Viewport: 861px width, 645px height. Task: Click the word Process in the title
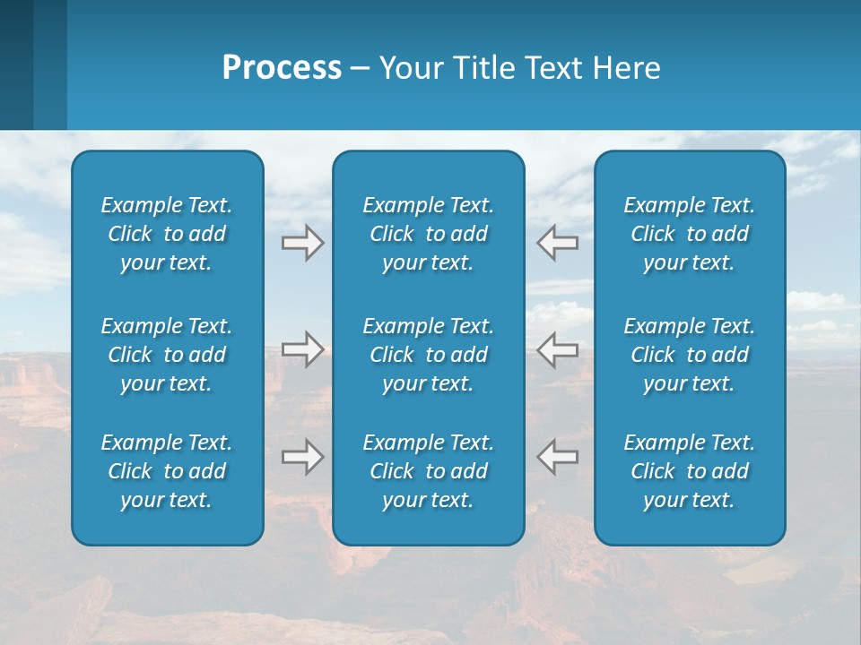tap(282, 68)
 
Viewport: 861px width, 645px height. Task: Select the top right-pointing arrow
tap(303, 243)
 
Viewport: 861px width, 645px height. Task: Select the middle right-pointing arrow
tap(303, 349)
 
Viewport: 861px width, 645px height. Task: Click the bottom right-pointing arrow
tap(303, 457)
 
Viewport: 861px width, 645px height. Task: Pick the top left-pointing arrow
tap(557, 243)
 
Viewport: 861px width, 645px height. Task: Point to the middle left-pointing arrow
tap(557, 349)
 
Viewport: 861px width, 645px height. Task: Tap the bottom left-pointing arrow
tap(557, 457)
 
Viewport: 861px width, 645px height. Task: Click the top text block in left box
tap(167, 234)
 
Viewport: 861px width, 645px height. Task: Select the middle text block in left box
tap(167, 355)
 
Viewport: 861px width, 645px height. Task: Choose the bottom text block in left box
tap(167, 471)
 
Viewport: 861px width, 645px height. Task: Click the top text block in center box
tap(429, 234)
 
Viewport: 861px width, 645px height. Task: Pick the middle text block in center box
tap(429, 355)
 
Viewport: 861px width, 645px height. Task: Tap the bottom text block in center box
tap(429, 471)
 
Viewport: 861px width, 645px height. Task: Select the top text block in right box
tap(690, 234)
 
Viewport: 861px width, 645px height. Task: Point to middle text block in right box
tap(690, 355)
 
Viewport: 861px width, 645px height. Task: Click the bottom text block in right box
tap(690, 471)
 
